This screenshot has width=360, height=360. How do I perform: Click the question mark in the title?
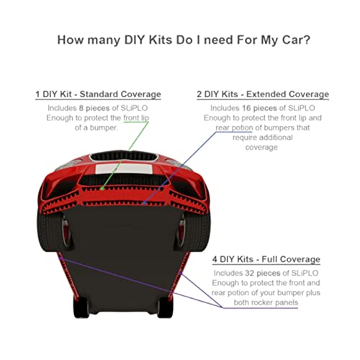click(x=307, y=40)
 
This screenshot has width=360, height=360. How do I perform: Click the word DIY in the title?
click(x=135, y=40)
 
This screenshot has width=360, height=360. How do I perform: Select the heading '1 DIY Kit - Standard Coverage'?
click(x=98, y=94)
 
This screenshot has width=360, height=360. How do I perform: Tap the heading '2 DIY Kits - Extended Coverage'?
click(x=263, y=94)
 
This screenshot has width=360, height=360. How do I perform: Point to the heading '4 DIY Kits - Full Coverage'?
click(x=266, y=259)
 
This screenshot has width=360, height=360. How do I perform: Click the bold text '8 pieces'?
click(x=94, y=108)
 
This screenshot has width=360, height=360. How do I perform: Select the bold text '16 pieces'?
click(x=259, y=108)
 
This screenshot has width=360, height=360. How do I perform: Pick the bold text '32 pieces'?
click(x=263, y=273)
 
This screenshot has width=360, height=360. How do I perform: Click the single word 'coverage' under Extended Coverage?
click(x=261, y=148)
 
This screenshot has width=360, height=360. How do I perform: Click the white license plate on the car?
click(x=124, y=169)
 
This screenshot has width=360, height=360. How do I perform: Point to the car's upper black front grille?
click(x=124, y=156)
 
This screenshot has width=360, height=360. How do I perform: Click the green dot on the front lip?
click(x=102, y=189)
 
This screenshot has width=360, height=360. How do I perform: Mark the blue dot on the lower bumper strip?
click(x=144, y=203)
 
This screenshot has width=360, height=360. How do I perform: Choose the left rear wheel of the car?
click(x=81, y=307)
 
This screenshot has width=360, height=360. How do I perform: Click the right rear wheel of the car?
click(x=165, y=307)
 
